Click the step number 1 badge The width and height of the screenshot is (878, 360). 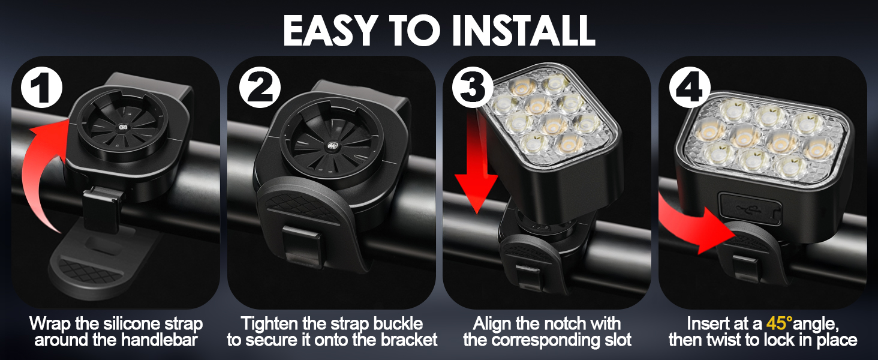41,88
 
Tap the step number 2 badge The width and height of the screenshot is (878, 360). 260,87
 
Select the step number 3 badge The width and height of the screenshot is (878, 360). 473,87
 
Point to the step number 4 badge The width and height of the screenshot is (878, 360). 690,87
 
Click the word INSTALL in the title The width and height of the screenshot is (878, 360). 524,31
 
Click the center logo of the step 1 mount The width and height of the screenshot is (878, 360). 122,127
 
